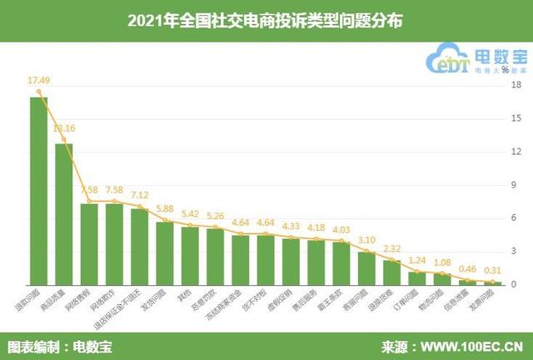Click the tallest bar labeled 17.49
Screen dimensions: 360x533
(38, 191)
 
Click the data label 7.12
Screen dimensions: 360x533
(139, 194)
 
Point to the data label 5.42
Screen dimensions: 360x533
(190, 213)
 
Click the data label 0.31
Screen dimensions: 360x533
(494, 270)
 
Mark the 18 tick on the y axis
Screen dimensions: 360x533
(516, 85)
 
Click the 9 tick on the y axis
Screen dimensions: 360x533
(516, 185)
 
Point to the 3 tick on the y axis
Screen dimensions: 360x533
(516, 252)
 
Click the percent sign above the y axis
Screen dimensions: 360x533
(505, 69)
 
